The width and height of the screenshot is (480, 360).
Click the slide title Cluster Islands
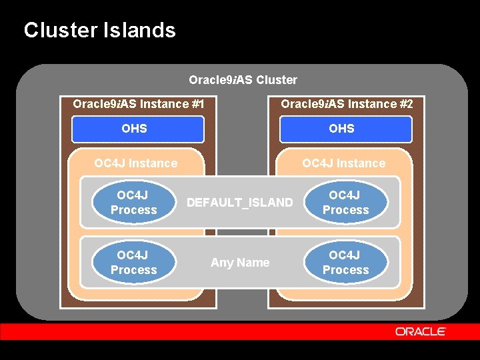(99, 30)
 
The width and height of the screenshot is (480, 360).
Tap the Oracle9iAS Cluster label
(243, 80)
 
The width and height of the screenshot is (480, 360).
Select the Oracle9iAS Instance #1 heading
(138, 104)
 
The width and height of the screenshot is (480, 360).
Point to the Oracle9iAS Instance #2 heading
(347, 104)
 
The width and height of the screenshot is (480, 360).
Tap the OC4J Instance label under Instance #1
(136, 163)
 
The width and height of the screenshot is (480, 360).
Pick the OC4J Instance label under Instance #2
(343, 163)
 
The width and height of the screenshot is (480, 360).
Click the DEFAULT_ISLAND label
(239, 202)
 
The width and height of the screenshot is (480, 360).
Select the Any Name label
(240, 263)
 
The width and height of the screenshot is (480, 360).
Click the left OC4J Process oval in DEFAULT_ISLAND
(134, 203)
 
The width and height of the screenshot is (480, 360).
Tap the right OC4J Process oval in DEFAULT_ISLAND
(345, 203)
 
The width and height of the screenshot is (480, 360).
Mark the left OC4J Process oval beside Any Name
(134, 263)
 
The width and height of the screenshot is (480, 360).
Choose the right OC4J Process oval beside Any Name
(345, 263)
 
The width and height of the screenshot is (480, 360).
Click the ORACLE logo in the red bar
(420, 331)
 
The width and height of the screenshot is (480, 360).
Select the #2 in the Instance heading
(406, 104)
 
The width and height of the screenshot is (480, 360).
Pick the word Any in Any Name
(221, 263)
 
